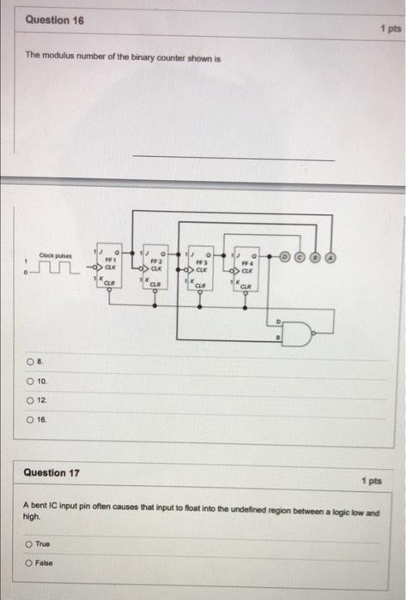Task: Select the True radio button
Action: [x=28, y=543]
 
